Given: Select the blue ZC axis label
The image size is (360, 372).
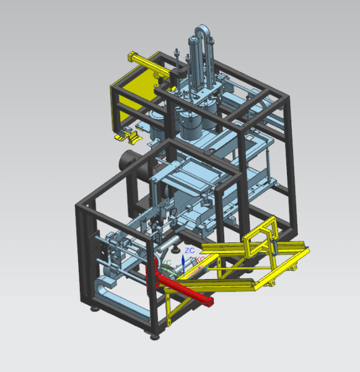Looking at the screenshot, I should [x=190, y=250].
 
